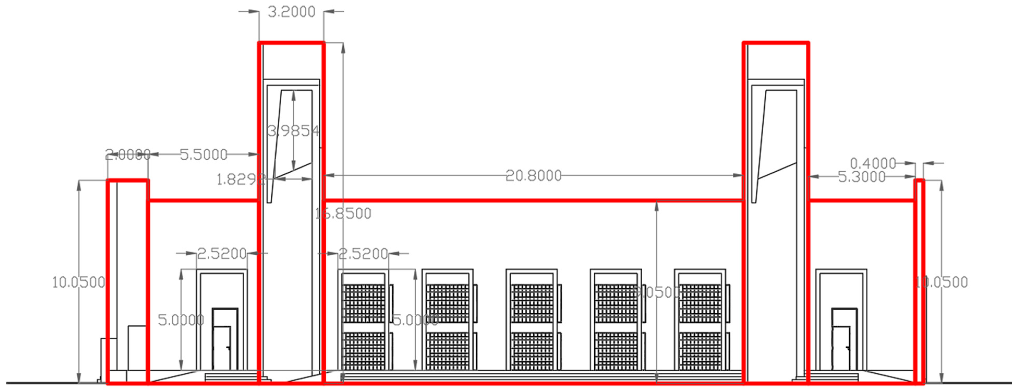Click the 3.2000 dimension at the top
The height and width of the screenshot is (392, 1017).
pyautogui.click(x=291, y=12)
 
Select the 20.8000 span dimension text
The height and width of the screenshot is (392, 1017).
pyautogui.click(x=533, y=176)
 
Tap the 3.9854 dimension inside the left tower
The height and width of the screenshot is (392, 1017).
pyautogui.click(x=293, y=131)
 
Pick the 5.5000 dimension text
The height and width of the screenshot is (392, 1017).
pyautogui.click(x=203, y=154)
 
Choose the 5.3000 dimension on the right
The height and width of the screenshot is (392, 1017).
pyautogui.click(x=861, y=177)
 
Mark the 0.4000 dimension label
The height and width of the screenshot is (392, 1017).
pyautogui.click(x=873, y=163)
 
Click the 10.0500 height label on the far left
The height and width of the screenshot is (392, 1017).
pyautogui.click(x=78, y=282)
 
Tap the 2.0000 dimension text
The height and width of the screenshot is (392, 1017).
pyautogui.click(x=127, y=154)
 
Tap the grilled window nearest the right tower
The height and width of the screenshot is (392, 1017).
pyautogui.click(x=700, y=320)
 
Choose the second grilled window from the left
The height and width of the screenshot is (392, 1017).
pyautogui.click(x=447, y=320)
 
